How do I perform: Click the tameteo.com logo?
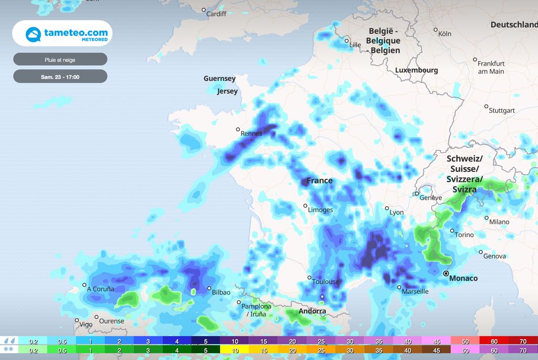[x=63, y=34]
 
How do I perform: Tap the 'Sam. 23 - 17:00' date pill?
[x=60, y=77]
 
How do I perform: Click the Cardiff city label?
[x=216, y=14]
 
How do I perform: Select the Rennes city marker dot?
[x=237, y=129]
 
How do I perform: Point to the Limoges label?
[x=320, y=210]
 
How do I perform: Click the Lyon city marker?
[x=387, y=209]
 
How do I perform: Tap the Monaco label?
[x=463, y=278]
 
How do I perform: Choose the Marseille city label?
[x=415, y=291]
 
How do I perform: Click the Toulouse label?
[x=326, y=282]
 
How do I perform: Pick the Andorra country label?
[x=312, y=311]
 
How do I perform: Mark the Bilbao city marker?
[x=209, y=289]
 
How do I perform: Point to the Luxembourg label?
[x=416, y=70]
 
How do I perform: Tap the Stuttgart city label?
[x=502, y=111]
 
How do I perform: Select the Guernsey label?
[x=220, y=79]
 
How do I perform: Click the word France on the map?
[x=319, y=181]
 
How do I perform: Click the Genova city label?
[x=495, y=256]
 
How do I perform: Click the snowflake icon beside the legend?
[x=9, y=349]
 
